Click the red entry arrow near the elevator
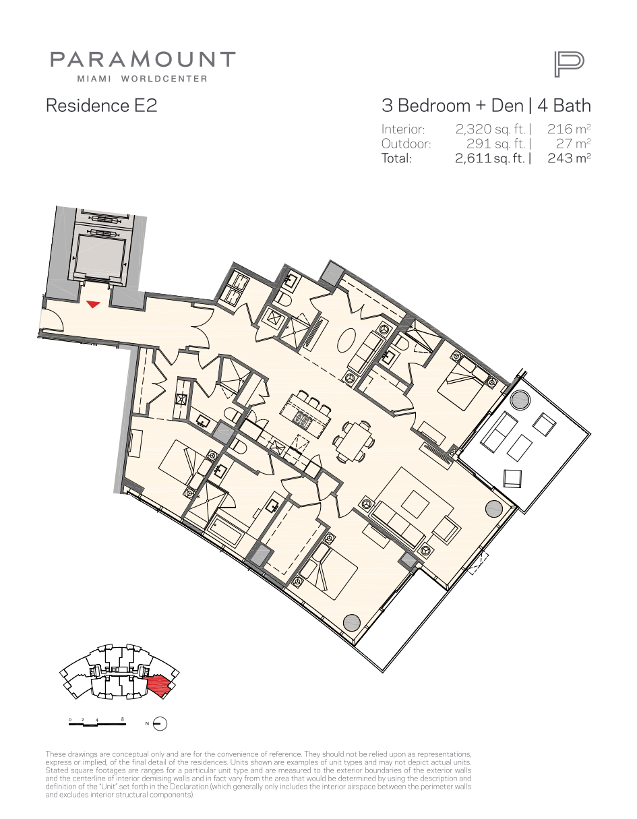93,304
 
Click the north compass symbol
160,723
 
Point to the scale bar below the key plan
97,722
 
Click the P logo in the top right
569,65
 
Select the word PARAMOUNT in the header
143,59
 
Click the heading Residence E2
101,105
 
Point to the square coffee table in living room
415,504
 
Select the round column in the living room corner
494,508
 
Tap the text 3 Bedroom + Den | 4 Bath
486,105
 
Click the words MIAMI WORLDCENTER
142,79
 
